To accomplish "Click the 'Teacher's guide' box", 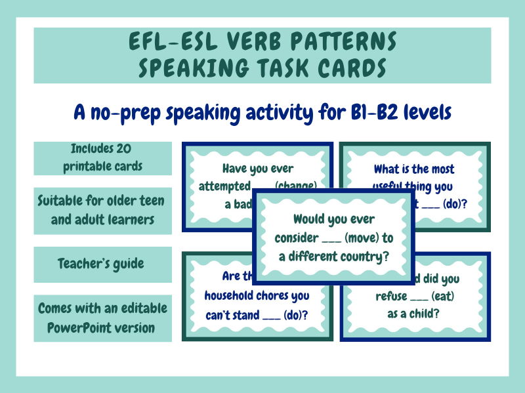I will tap(102, 264).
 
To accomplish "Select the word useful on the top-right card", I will tap(392, 186).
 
